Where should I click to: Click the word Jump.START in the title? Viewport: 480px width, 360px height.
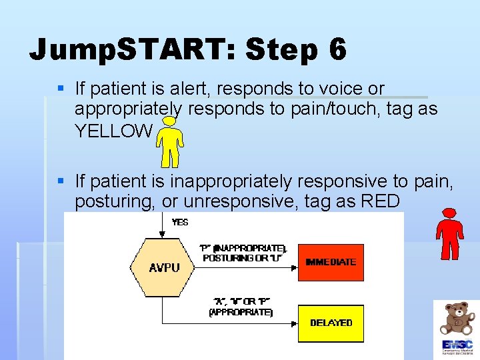[131, 50]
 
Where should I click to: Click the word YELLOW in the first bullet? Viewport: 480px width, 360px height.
[113, 131]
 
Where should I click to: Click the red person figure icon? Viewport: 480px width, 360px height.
[450, 233]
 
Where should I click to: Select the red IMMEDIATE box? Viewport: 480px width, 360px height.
[331, 262]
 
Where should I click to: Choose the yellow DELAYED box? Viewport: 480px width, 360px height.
[331, 323]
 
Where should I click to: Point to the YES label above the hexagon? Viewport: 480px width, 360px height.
[180, 222]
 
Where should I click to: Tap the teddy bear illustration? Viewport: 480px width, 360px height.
[456, 318]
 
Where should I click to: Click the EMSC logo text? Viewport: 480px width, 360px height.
[456, 345]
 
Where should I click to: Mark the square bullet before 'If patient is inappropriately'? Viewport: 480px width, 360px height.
[61, 181]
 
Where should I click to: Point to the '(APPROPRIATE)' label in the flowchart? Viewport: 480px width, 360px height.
[241, 312]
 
